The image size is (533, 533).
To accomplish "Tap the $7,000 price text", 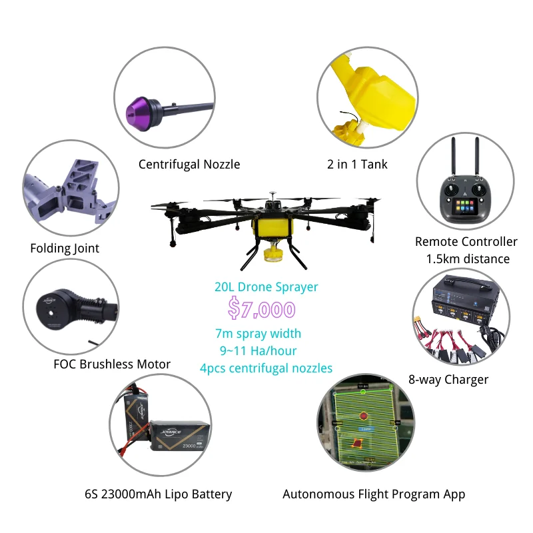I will (x=261, y=309).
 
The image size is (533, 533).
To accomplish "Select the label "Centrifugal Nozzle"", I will (x=189, y=165).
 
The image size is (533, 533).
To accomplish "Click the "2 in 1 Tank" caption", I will (x=357, y=165).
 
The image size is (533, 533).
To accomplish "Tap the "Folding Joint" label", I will (x=65, y=249).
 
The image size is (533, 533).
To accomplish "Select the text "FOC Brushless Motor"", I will (x=112, y=364).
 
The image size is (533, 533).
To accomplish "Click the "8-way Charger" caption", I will (x=448, y=380).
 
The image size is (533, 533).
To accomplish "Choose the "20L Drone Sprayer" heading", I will (x=266, y=287).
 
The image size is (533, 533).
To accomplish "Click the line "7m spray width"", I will (x=258, y=333).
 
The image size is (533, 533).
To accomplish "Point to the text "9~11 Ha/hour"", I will (x=258, y=350).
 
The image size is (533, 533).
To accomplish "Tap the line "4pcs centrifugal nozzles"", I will (x=266, y=368).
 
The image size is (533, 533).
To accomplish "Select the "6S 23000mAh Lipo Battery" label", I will (x=159, y=494).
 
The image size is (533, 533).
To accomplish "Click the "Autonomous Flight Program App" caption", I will (x=374, y=494).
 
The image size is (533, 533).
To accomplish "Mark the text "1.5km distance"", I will (x=467, y=259).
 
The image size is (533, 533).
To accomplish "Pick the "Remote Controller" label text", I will (x=466, y=242).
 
